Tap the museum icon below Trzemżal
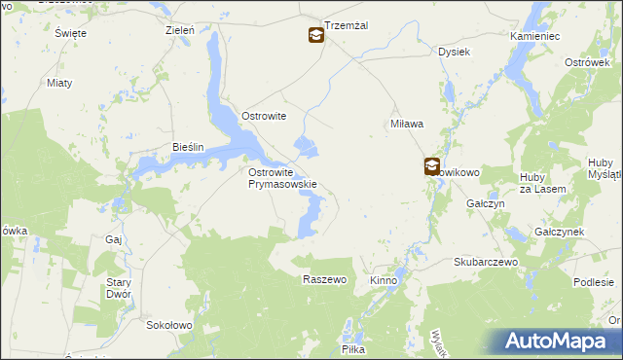point(316,36)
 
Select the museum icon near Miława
point(431,166)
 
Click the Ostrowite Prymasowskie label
point(282,178)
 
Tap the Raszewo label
point(325,279)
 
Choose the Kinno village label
point(384,280)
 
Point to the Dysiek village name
point(455,52)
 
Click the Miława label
point(406,124)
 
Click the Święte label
point(71,33)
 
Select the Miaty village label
point(59,83)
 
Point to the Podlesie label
point(593,282)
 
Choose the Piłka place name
point(352,348)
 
